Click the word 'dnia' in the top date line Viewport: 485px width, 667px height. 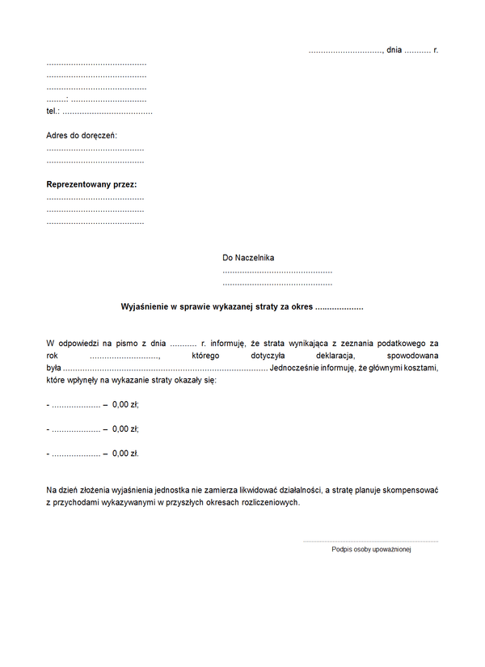coord(394,50)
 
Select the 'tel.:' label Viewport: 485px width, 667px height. coord(53,111)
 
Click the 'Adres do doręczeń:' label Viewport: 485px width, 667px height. coord(82,135)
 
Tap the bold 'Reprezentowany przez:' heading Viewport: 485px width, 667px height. coord(91,184)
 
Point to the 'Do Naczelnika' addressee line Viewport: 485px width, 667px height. coord(248,258)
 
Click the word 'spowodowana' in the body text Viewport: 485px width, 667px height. coord(412,356)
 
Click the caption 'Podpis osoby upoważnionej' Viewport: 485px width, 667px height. coord(371,550)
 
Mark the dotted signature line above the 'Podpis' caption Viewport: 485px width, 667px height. coord(370,541)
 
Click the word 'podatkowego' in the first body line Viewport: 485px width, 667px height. coord(404,344)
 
